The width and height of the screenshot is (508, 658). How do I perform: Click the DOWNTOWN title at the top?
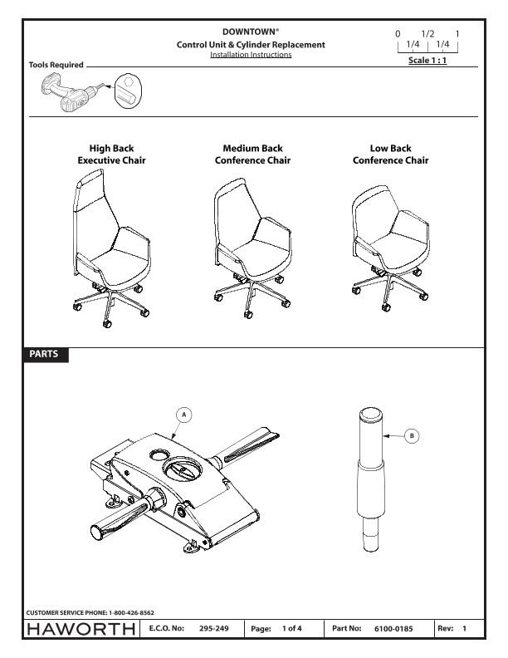click(250, 32)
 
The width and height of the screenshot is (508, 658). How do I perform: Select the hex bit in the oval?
click(128, 91)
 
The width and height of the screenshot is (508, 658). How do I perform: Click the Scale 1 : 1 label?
click(427, 60)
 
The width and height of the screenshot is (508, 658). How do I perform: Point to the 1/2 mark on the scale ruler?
click(428, 33)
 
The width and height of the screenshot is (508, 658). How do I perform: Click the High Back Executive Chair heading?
click(111, 154)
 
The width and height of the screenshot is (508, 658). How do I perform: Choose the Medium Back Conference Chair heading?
click(252, 154)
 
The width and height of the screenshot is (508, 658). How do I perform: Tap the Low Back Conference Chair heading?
click(391, 154)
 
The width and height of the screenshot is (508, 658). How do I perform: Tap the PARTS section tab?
click(44, 354)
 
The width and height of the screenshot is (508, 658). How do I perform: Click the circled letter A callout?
click(183, 415)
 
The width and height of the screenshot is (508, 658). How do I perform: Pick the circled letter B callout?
click(412, 436)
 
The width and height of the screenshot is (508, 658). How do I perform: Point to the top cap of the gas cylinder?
click(370, 415)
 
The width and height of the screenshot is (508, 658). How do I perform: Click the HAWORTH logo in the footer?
click(81, 629)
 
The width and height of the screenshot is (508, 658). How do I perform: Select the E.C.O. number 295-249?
click(214, 628)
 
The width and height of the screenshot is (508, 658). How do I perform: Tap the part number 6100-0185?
click(393, 629)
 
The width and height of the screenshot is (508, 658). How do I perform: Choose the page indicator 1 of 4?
click(291, 628)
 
